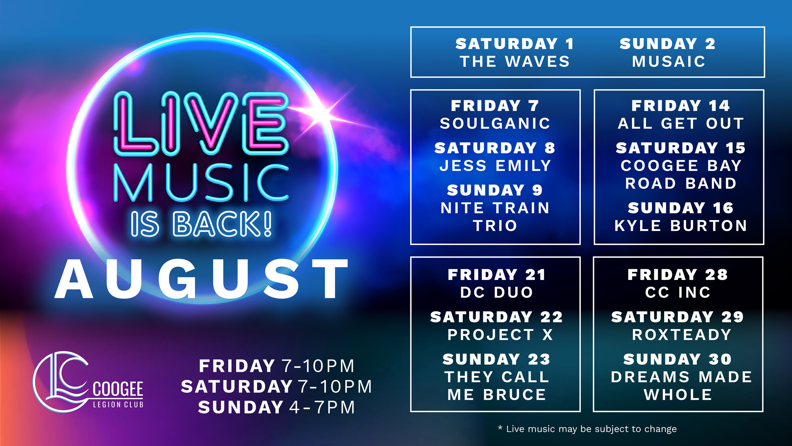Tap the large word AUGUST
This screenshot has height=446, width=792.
(x=202, y=279)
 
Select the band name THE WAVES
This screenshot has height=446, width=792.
(x=515, y=62)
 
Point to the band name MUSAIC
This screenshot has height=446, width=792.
(x=669, y=62)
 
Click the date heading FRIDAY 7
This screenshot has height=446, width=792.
(x=495, y=106)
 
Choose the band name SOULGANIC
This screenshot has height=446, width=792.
(x=495, y=123)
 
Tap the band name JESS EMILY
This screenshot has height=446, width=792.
(x=495, y=166)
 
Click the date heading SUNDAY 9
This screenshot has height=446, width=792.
(x=495, y=190)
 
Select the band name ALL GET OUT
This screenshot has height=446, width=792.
(x=681, y=123)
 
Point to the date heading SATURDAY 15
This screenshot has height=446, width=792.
(x=681, y=148)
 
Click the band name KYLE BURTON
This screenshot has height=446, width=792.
(x=681, y=226)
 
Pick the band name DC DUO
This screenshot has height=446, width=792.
(x=497, y=292)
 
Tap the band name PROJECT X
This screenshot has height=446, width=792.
(x=500, y=334)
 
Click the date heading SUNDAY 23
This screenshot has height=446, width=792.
(x=497, y=359)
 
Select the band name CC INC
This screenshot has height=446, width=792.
(x=678, y=292)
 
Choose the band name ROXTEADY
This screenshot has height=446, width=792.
(x=681, y=334)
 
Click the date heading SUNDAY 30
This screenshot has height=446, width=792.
(x=678, y=359)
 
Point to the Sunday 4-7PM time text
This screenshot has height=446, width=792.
(x=276, y=408)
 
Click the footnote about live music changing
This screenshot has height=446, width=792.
(x=587, y=429)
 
